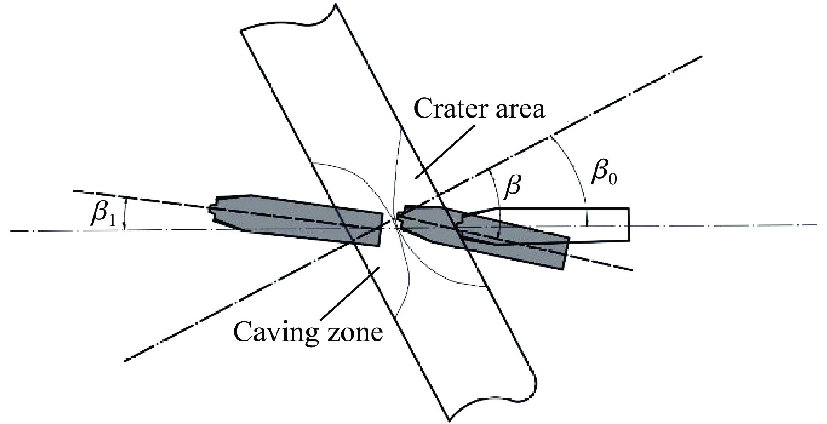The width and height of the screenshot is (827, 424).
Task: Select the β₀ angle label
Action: pos(604,173)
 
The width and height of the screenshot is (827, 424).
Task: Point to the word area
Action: pos(523,110)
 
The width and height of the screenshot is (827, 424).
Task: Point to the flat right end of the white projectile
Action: pos(629,224)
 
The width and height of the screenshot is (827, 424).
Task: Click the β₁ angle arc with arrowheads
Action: pos(125,214)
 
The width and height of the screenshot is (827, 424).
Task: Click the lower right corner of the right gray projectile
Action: pos(562,268)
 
